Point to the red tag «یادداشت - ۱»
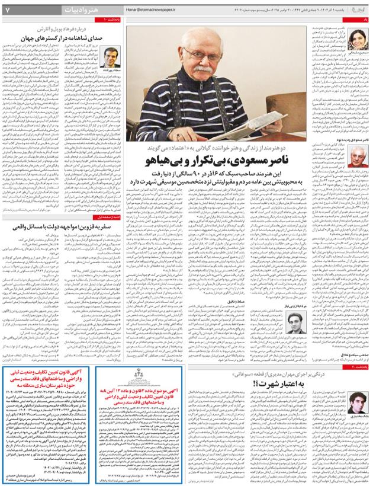tap(112, 21)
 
